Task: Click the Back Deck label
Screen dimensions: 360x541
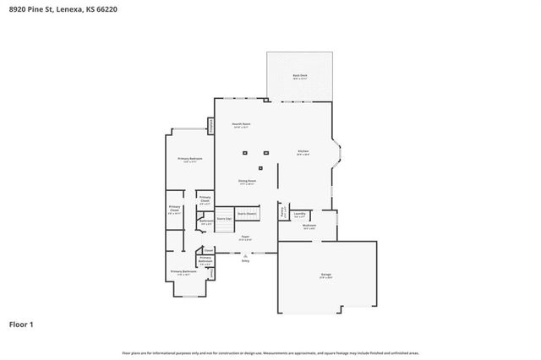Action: coord(300,76)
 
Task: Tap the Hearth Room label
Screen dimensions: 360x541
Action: coord(242,125)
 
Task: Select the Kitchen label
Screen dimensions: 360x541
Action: coord(303,152)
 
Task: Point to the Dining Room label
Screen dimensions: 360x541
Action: coord(247,182)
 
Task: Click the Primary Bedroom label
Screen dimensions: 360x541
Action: coord(189,160)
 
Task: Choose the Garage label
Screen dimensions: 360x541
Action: coord(325,275)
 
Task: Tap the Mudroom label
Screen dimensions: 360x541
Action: coord(309,226)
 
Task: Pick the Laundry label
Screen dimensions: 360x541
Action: coord(300,214)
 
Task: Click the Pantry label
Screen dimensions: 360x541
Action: coord(284,211)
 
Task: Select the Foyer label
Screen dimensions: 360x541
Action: coord(245,237)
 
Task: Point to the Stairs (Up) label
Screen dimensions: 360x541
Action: coord(224,218)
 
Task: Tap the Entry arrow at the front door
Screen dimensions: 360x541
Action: coord(246,257)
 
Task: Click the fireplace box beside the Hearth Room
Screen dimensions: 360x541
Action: coord(210,125)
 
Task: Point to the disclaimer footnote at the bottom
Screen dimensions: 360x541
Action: coord(270,352)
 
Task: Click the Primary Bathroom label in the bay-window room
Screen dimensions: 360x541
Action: coord(183,272)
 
